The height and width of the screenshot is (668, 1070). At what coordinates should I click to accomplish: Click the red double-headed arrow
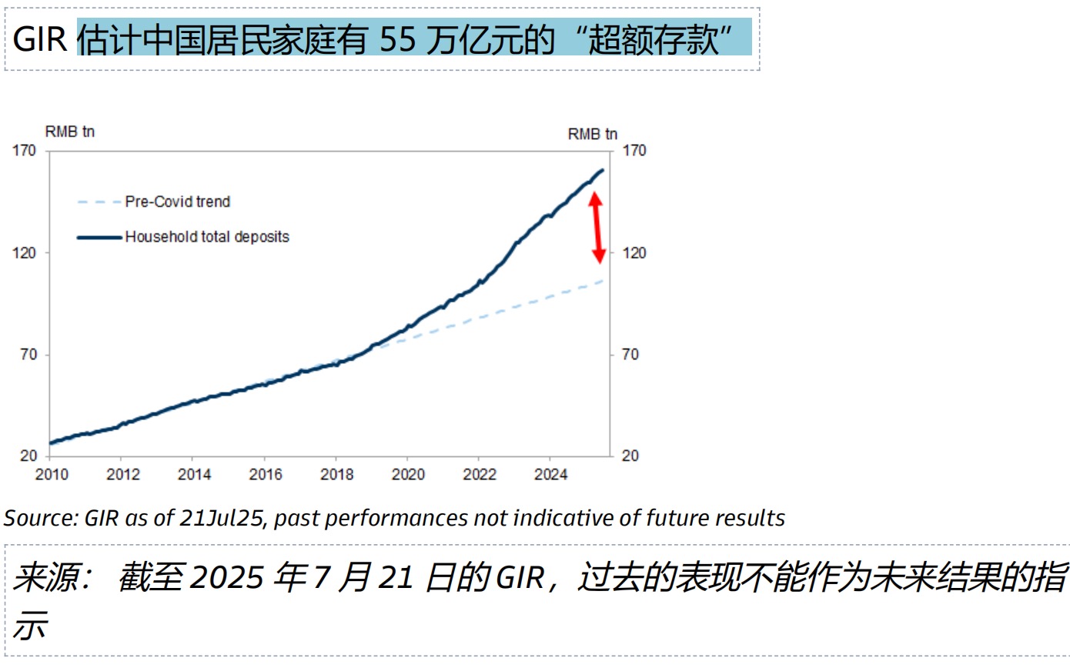click(x=596, y=229)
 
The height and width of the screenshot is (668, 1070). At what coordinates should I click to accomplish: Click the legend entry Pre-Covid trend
click(x=177, y=202)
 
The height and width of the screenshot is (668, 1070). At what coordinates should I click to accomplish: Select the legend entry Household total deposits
click(x=207, y=237)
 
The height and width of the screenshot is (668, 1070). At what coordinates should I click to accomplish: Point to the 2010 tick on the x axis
click(x=52, y=474)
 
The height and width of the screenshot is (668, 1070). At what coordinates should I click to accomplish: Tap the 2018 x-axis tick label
click(x=337, y=474)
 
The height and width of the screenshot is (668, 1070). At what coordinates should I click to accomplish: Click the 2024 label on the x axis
click(x=551, y=474)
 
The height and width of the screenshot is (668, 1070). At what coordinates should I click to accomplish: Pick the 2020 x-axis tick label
click(x=408, y=474)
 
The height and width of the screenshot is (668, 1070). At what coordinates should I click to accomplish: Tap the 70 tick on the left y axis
click(x=28, y=355)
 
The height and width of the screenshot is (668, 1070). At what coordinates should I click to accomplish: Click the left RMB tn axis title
click(x=70, y=132)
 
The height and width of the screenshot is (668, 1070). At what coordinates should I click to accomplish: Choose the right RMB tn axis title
click(x=593, y=134)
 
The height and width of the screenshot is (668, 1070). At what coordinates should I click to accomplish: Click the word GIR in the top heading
click(x=39, y=39)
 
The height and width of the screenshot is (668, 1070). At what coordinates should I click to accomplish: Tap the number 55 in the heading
click(x=398, y=39)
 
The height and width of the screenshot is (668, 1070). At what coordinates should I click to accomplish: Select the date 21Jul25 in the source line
click(x=223, y=518)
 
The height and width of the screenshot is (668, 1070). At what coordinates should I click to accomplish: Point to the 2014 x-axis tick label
click(x=194, y=474)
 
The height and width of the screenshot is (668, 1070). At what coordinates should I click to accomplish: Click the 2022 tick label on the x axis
click(x=480, y=474)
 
